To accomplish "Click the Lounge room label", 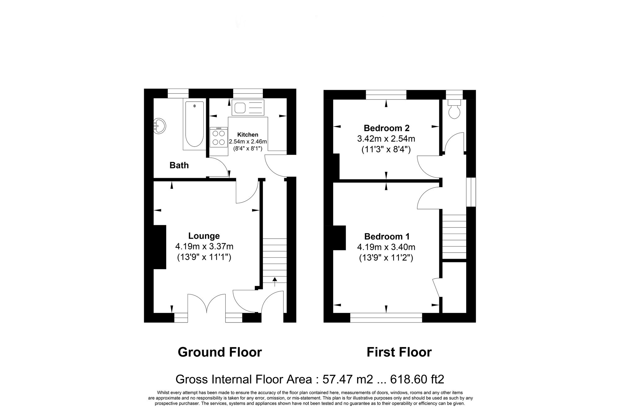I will [204, 236].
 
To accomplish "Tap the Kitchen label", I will [248, 135].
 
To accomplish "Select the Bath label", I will [179, 165].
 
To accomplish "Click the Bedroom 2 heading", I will [386, 128].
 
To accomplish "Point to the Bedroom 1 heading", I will [387, 236].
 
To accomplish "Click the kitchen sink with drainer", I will [248, 108].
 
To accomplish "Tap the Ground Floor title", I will [220, 352].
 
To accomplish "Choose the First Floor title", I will [399, 352].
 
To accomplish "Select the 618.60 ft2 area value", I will [417, 379].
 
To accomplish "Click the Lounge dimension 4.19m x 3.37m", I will [204, 247].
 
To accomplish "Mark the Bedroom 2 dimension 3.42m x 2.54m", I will [386, 138].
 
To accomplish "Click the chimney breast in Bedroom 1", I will [339, 238].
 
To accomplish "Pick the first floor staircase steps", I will [454, 237].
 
